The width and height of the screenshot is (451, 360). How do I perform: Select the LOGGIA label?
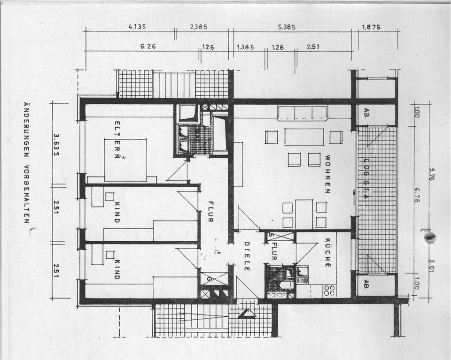click(x=366, y=179)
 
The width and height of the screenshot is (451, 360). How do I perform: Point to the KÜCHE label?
click(x=327, y=253)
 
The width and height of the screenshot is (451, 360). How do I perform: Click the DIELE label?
click(x=246, y=256)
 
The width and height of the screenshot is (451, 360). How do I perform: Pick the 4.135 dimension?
click(x=137, y=27)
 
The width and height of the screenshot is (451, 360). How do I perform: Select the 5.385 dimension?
click(x=287, y=27)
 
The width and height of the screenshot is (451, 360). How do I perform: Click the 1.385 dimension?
click(x=245, y=47)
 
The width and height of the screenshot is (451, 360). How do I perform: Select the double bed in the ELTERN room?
click(x=125, y=160)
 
